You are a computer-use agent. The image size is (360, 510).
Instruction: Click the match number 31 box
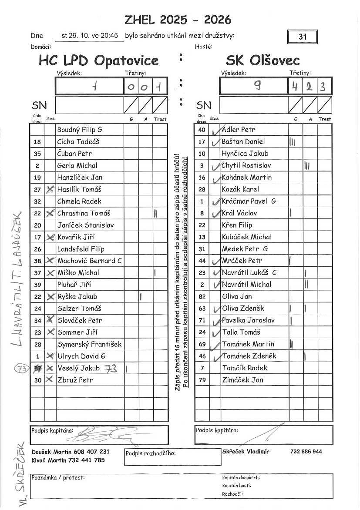303,37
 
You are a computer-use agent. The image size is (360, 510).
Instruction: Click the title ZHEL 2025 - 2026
178,20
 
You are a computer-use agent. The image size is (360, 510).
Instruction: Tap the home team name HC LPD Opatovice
98,60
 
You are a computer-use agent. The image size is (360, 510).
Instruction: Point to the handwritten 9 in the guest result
258,86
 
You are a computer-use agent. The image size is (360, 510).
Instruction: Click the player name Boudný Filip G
80,130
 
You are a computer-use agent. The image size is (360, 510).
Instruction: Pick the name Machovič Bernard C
90,261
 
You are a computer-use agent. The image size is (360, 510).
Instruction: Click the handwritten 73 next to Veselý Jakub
111,368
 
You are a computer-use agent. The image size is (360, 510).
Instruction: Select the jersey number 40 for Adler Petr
202,130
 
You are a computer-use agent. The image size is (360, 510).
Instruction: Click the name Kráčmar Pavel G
249,201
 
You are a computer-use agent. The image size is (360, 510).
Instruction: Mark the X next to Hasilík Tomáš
50,189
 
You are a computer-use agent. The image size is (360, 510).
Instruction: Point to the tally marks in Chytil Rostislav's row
307,165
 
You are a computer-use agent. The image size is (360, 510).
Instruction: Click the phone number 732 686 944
306,452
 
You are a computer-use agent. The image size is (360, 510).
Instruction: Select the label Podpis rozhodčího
150,453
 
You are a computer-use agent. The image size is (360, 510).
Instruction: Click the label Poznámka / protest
58,477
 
